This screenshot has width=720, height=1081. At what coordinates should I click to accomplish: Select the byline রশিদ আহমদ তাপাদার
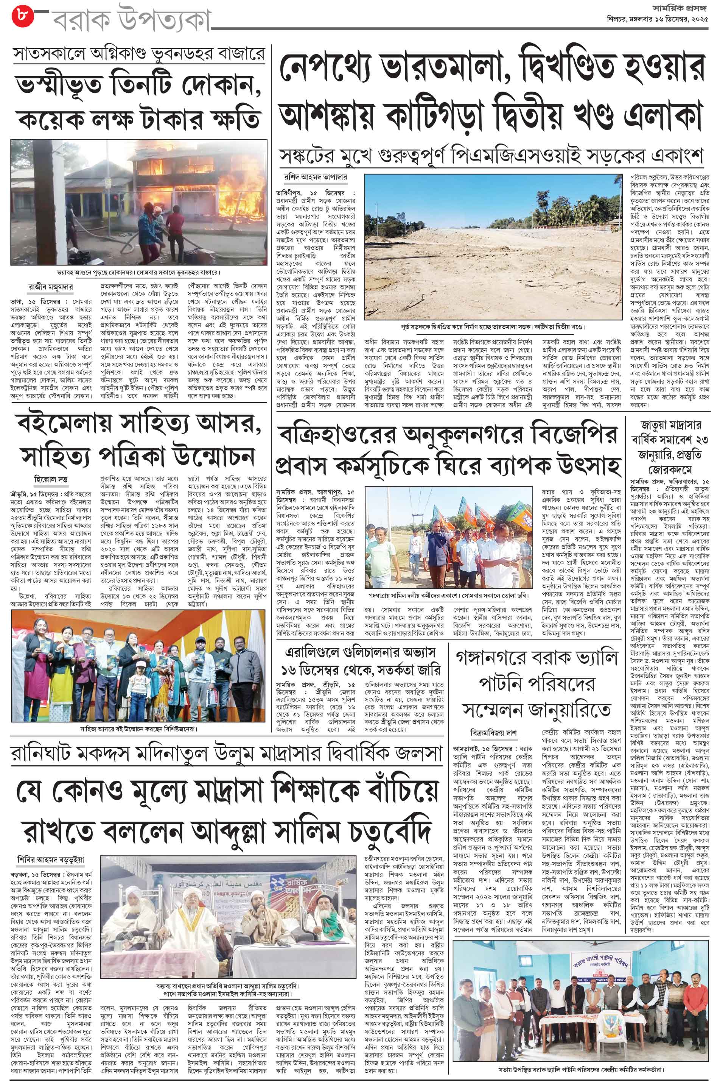310,178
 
